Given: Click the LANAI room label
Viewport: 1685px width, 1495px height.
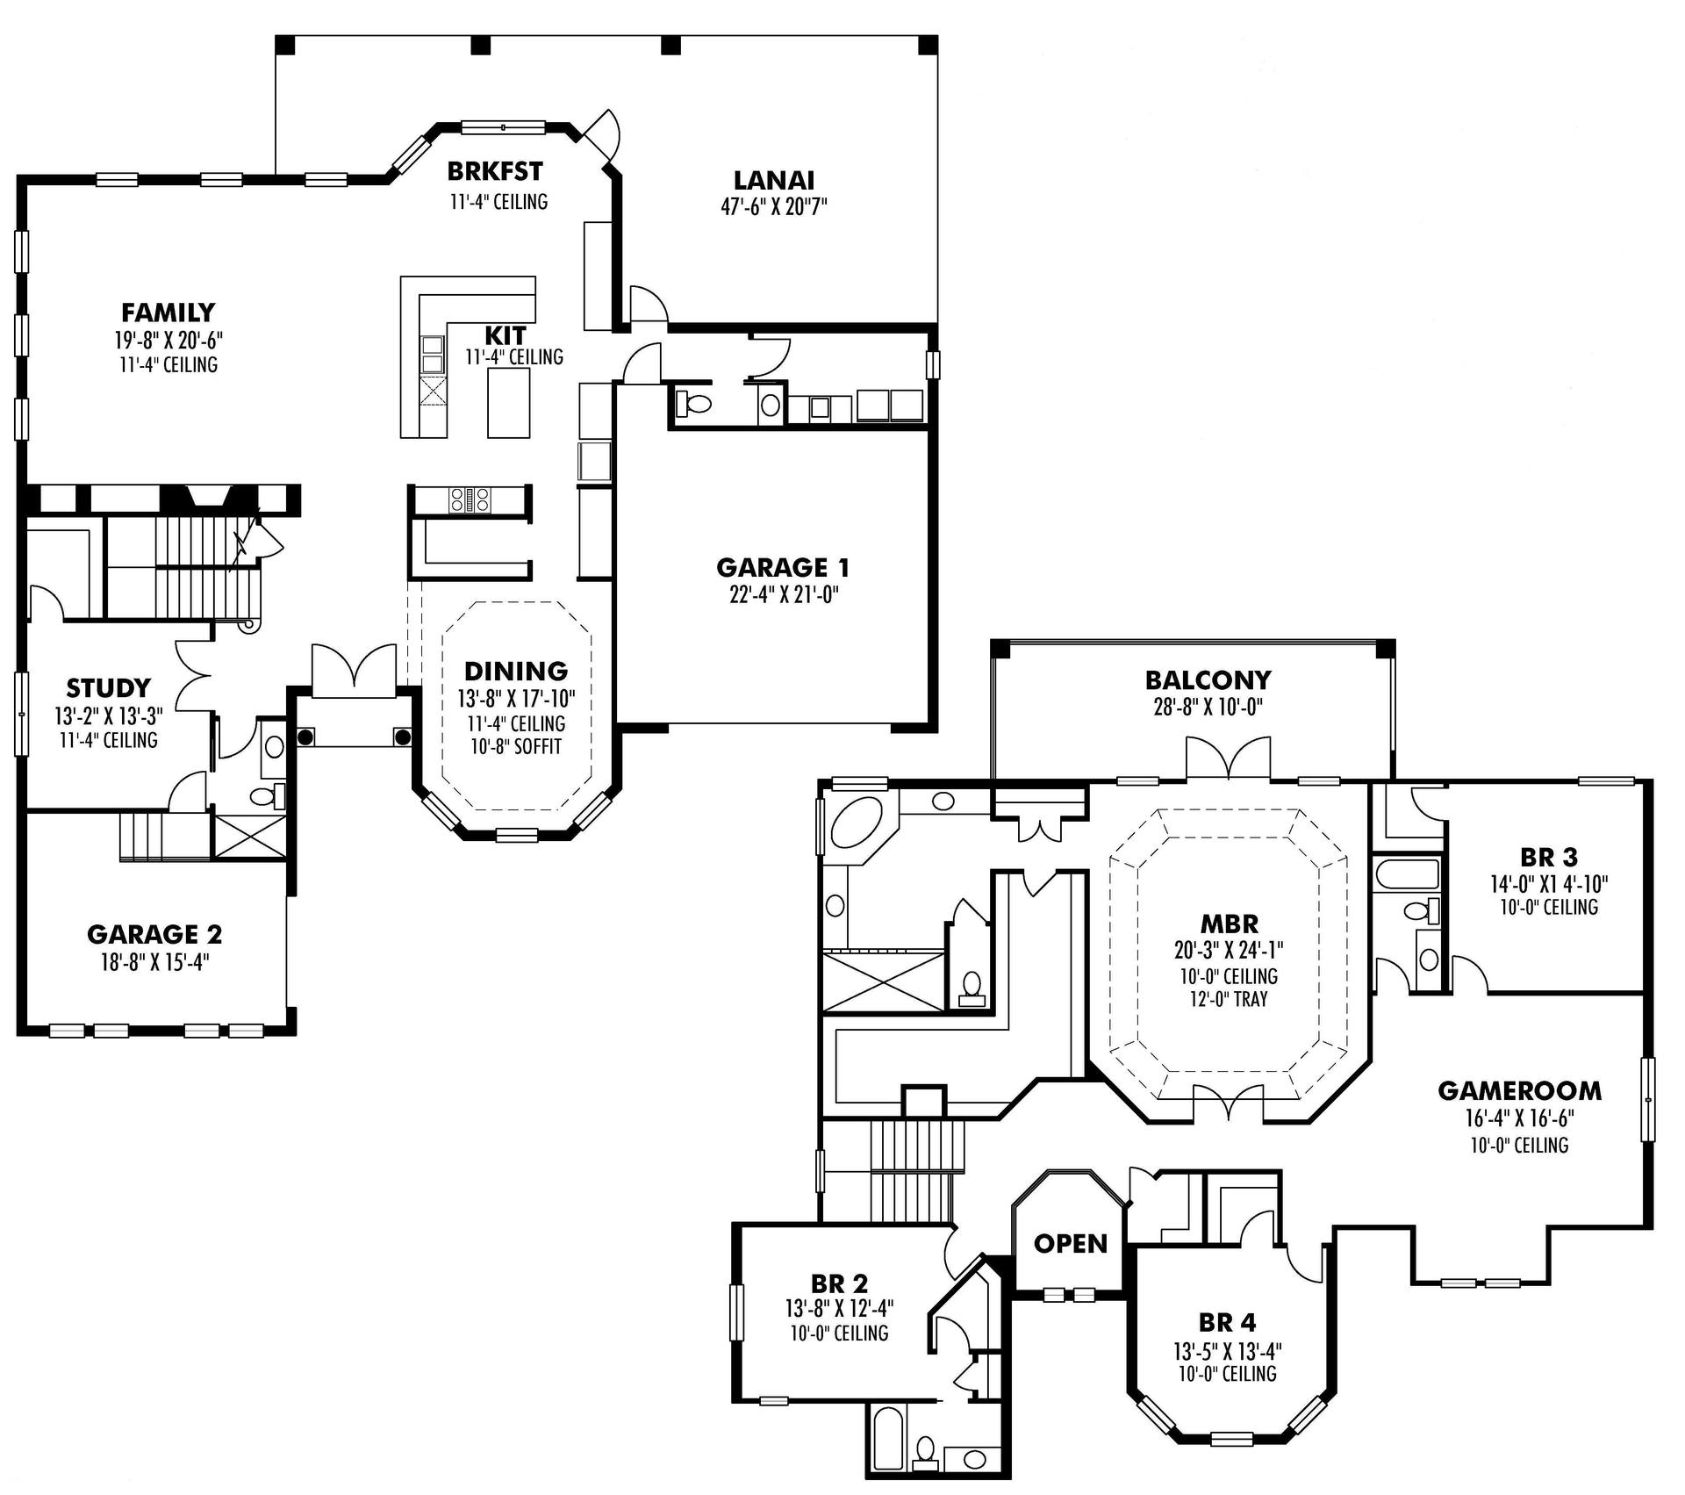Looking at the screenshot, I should click(x=773, y=180).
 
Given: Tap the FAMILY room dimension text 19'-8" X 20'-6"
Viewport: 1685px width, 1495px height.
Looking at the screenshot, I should click(x=168, y=341).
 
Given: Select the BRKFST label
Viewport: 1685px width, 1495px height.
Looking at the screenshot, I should click(x=495, y=170).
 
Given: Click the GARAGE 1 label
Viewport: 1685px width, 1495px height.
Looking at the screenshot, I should click(x=782, y=567).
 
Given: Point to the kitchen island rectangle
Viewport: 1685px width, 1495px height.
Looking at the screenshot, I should click(x=509, y=402).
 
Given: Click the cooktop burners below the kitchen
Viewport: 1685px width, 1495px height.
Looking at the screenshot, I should click(x=470, y=500).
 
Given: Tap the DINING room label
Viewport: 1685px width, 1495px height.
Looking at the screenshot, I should click(x=515, y=672).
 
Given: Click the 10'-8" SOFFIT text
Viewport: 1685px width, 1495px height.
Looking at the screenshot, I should click(x=515, y=747).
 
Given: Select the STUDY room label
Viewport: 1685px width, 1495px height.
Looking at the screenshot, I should click(x=108, y=687).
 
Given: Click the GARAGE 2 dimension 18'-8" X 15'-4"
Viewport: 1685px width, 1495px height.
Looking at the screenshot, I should click(x=154, y=963).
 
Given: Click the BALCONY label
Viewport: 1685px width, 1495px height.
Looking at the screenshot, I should click(x=1208, y=680).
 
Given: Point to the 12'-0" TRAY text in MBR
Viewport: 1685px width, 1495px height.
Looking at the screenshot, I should click(x=1228, y=999).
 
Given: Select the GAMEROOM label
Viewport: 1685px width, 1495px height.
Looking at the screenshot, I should click(x=1519, y=1091).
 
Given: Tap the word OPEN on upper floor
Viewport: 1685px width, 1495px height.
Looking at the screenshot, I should click(x=1071, y=1243).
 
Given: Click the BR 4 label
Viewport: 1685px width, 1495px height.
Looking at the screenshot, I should click(x=1227, y=1322).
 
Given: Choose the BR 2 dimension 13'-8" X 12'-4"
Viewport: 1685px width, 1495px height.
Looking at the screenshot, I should click(x=839, y=1309).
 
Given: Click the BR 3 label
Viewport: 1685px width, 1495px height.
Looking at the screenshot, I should click(x=1548, y=857).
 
